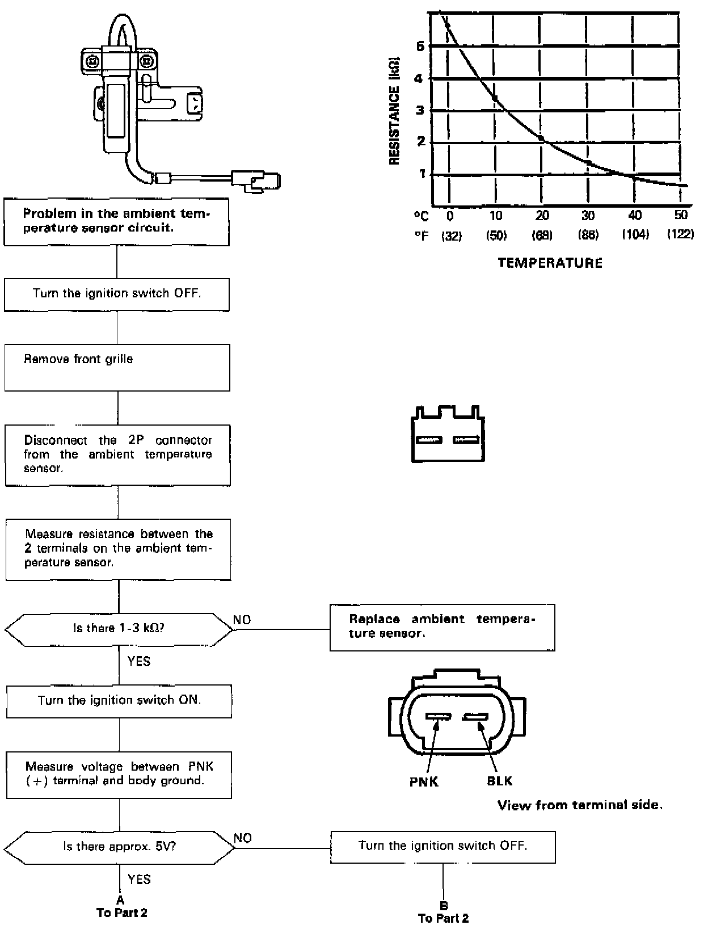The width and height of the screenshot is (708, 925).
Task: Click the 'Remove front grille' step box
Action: (117, 367)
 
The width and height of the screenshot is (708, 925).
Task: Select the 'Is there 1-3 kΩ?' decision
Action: (119, 629)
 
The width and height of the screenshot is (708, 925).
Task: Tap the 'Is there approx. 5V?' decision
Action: (119, 847)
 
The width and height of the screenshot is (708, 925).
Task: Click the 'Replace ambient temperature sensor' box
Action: (442, 627)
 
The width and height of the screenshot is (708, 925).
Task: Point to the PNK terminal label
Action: (424, 782)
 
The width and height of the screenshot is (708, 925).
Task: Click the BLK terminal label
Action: (499, 781)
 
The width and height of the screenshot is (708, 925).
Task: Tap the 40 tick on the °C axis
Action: (635, 216)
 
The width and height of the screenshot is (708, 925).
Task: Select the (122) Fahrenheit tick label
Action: (680, 235)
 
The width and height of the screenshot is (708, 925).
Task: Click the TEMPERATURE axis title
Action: (550, 263)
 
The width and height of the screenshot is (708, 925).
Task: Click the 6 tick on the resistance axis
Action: (420, 47)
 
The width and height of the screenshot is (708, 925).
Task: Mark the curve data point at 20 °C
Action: (541, 138)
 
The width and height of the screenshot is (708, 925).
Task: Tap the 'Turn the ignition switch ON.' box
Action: (119, 700)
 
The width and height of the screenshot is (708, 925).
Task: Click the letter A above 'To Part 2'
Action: (120, 900)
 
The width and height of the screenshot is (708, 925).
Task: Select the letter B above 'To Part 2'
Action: (444, 906)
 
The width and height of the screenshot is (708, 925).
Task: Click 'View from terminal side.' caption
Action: (580, 805)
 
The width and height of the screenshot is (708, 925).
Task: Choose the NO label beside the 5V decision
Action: (242, 838)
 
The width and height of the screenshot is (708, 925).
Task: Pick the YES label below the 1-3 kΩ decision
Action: (138, 661)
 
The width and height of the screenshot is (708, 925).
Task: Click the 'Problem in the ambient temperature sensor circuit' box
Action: (116, 221)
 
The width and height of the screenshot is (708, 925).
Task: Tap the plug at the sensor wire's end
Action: (256, 180)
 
